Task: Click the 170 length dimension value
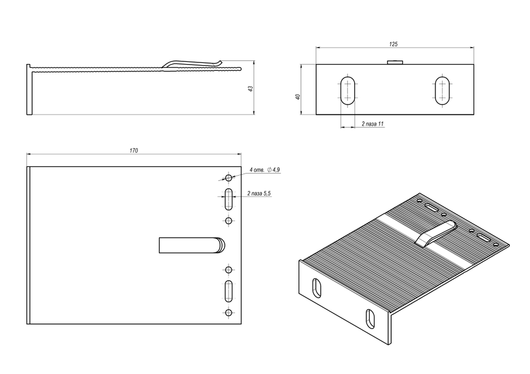coord(134,151)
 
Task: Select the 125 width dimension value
coord(393,45)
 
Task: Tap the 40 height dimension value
coord(298,96)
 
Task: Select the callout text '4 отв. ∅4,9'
coord(264,170)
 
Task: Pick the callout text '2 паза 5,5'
coord(259,195)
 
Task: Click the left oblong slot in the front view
coord(348,90)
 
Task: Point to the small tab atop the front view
coord(395,62)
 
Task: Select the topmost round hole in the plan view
coord(228,178)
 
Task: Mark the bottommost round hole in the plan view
coord(228,313)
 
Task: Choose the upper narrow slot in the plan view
coord(228,199)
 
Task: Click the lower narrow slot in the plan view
coord(228,291)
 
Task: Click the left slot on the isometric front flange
coord(316,287)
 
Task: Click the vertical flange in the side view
coord(29,89)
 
